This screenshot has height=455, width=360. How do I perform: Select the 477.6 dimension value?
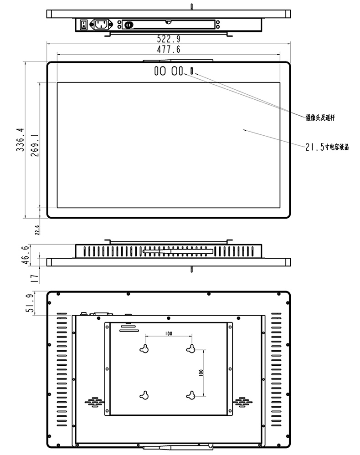169,50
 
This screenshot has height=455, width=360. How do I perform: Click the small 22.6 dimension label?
37,229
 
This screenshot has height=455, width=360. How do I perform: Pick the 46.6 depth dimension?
26,254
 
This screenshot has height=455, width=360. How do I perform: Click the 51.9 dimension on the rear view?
30,303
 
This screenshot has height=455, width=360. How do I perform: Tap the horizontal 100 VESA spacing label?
169,334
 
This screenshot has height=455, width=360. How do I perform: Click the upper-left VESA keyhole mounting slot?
145,348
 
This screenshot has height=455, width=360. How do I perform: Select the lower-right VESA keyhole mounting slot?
191,395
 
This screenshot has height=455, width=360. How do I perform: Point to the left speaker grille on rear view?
93,402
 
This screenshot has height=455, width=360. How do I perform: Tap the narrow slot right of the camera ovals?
192,71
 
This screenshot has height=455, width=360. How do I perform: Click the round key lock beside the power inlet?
129,25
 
